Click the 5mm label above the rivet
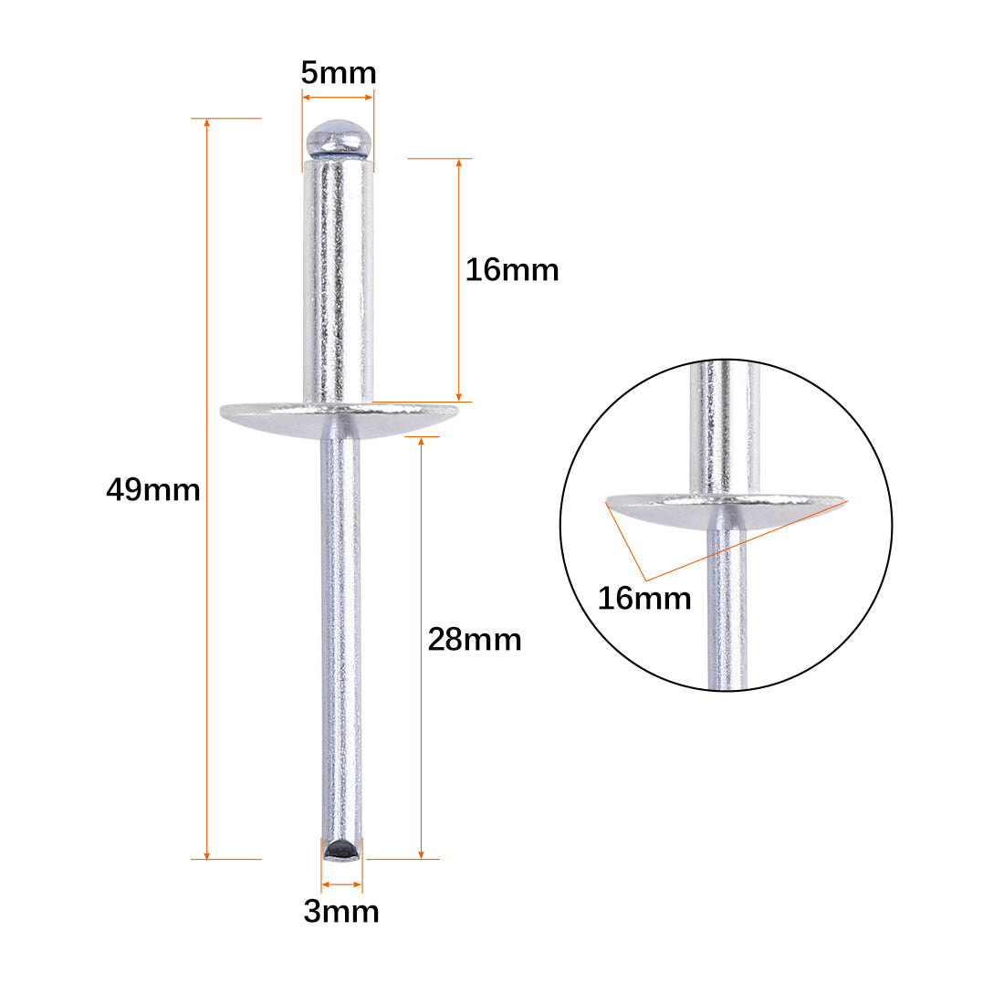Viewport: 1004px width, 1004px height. tap(339, 72)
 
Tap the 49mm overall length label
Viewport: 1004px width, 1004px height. tap(153, 490)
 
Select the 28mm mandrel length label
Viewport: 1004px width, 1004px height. tap(475, 640)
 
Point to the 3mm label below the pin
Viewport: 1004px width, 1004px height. tap(341, 911)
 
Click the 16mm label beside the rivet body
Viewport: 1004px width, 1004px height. tap(512, 269)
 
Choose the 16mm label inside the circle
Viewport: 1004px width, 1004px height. tap(644, 599)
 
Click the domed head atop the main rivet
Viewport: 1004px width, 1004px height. tap(339, 139)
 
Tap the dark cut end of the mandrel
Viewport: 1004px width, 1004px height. tap(342, 851)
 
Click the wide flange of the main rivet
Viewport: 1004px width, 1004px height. tap(340, 420)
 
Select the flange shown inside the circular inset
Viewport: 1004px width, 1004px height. tap(727, 510)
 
